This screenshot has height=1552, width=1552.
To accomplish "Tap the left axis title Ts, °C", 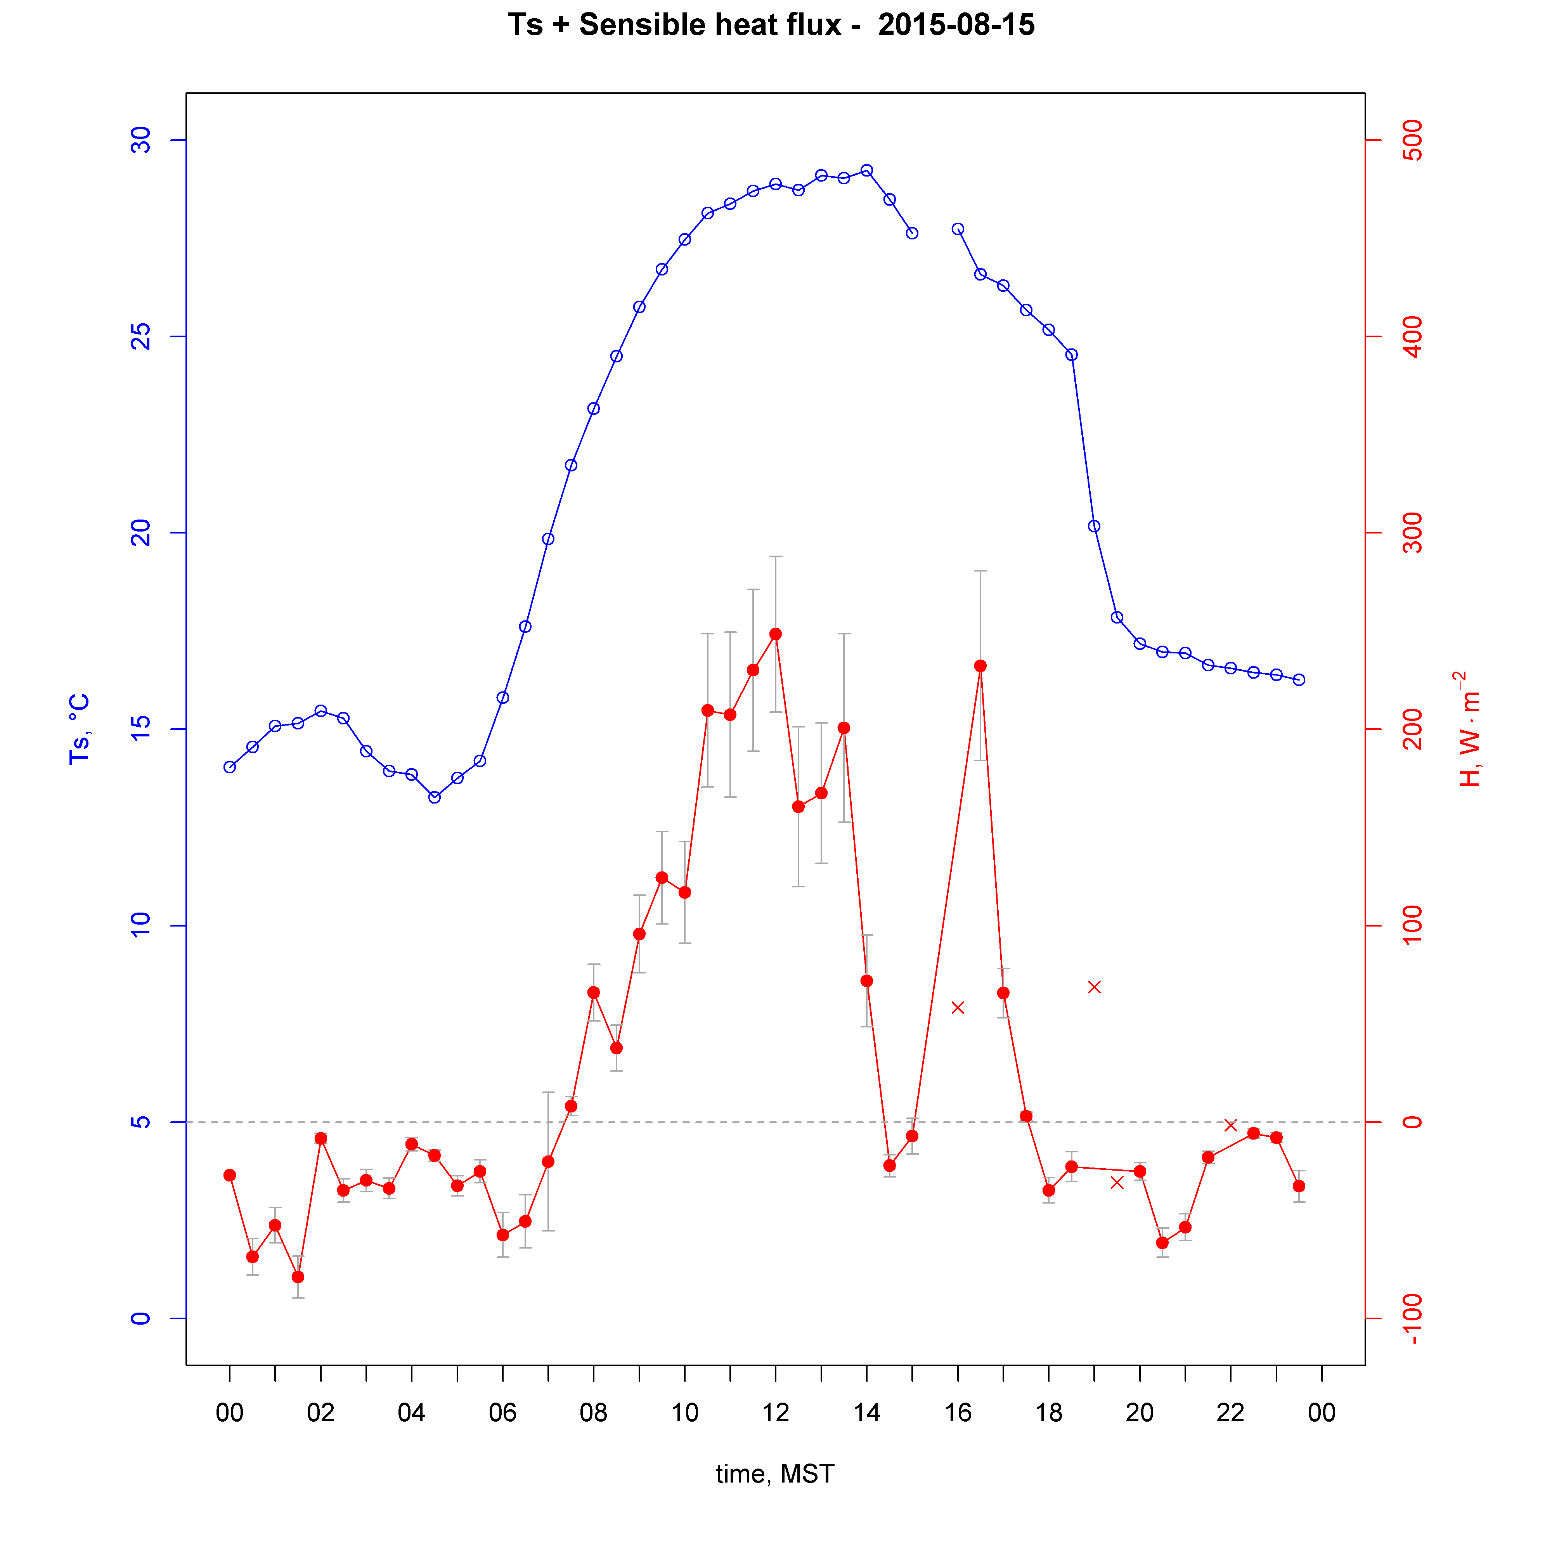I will pyautogui.click(x=79, y=729).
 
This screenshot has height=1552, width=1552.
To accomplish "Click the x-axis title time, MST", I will pyautogui.click(x=774, y=1474).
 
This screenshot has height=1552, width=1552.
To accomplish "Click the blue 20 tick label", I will pyautogui.click(x=140, y=533).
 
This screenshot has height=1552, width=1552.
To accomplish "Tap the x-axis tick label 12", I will pyautogui.click(x=775, y=1412).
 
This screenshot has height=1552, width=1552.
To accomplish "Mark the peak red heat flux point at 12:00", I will pyautogui.click(x=775, y=634).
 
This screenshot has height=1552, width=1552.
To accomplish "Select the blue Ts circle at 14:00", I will pyautogui.click(x=866, y=170).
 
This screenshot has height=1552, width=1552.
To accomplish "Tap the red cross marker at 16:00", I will pyautogui.click(x=958, y=1007).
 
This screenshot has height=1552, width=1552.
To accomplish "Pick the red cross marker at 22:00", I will pyautogui.click(x=1230, y=1125).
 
